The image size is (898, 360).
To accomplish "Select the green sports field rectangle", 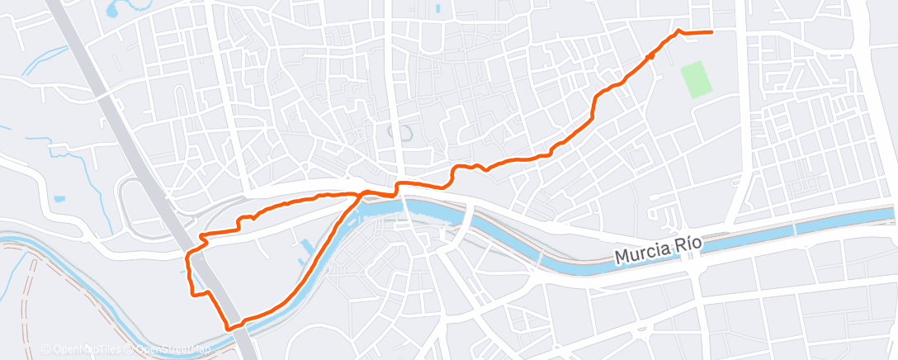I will [697, 80].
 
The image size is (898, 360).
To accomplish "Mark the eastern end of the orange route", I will [711, 32].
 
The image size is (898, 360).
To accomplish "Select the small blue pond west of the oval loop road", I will [59, 199].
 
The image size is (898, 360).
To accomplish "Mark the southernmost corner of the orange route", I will [230, 328].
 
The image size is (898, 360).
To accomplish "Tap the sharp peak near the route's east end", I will [679, 30].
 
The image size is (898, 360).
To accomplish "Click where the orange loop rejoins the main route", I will [362, 194].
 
